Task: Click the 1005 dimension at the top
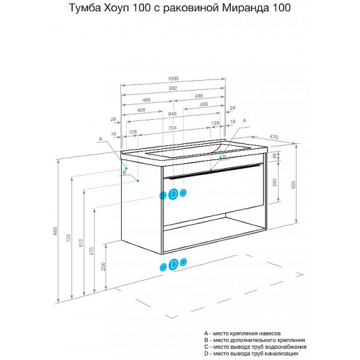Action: pos(173,78)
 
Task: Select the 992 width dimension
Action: pos(173,88)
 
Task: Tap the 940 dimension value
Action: pos(173,114)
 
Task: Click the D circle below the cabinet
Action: pos(174,265)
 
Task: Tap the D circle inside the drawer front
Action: pos(174,194)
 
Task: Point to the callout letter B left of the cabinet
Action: pos(124,173)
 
